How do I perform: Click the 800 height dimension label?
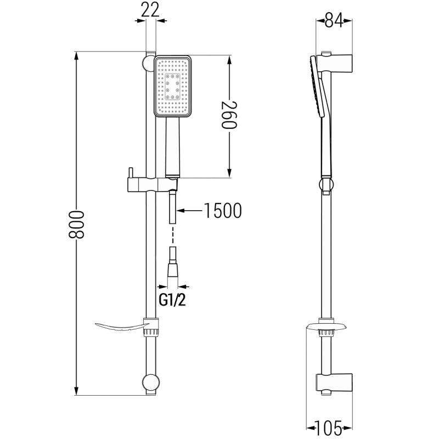pyautogui.click(x=76, y=224)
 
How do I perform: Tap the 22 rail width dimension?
pyautogui.click(x=150, y=9)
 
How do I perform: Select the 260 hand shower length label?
pyautogui.click(x=229, y=115)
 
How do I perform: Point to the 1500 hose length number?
pyautogui.click(x=223, y=210)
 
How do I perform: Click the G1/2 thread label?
pyautogui.click(x=172, y=300)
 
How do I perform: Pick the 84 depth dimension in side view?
pyautogui.click(x=334, y=20)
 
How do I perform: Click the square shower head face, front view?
pyautogui.click(x=173, y=86)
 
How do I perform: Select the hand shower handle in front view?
pyautogui.click(x=172, y=147)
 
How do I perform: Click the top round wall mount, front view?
pyautogui.click(x=148, y=63)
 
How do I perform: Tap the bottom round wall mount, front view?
pyautogui.click(x=151, y=382)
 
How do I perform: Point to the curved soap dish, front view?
pyautogui.click(x=122, y=327)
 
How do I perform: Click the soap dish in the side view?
pyautogui.click(x=326, y=327)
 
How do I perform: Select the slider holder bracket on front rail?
pyautogui.click(x=153, y=185)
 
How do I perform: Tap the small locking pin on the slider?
pyautogui.click(x=131, y=172)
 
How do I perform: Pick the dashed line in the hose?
pyautogui.click(x=173, y=235)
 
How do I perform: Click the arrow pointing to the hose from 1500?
pyautogui.click(x=189, y=210)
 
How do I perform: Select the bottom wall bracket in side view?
pyautogui.click(x=334, y=382)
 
